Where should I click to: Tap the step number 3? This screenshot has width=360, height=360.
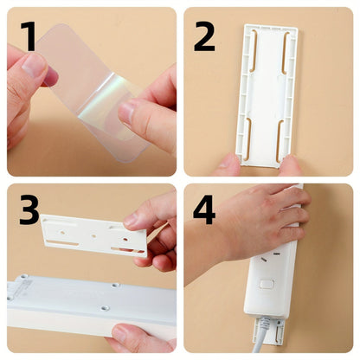tap(29, 209)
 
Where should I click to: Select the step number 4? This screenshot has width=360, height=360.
tap(204, 209)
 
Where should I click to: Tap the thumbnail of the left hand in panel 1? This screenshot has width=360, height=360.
tap(32, 66)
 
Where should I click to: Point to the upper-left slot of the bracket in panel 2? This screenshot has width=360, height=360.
tap(254, 51)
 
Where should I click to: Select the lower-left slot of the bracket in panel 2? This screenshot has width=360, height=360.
tap(247, 138)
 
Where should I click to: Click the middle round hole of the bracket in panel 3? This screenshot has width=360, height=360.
tap(93, 236)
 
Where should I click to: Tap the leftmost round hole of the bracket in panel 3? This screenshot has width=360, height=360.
tap(62, 231)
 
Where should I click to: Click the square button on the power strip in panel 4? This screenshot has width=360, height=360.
tap(265, 284)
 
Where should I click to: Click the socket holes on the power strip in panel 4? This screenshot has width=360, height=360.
tap(270, 257)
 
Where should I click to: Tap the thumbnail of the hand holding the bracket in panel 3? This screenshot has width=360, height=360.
tap(131, 221)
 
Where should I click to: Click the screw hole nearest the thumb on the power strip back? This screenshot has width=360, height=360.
tap(105, 308)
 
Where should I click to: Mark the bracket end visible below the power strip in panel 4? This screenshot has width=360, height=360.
tap(268, 331)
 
